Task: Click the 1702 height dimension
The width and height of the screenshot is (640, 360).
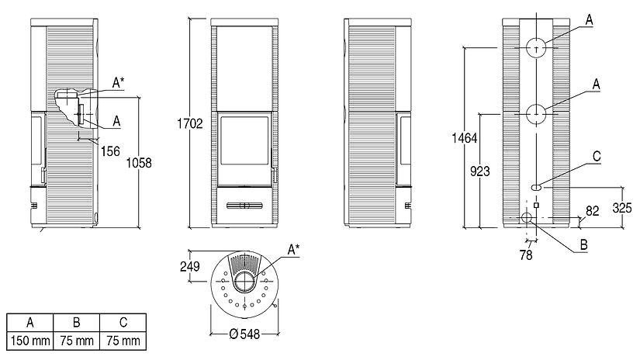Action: click(x=190, y=123)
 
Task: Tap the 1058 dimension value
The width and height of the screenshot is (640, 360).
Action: click(x=139, y=163)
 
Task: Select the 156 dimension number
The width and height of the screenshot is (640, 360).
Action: click(x=110, y=151)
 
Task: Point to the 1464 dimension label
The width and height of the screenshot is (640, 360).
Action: click(x=465, y=138)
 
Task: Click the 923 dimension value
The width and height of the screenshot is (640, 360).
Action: click(x=480, y=171)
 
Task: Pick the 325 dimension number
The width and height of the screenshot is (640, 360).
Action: click(x=622, y=208)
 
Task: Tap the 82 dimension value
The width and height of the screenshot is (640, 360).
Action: click(x=592, y=210)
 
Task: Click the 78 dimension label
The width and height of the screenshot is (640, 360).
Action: click(x=526, y=255)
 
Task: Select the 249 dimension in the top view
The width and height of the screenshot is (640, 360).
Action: click(x=190, y=267)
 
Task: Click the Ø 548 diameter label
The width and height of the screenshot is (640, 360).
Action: click(x=244, y=334)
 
